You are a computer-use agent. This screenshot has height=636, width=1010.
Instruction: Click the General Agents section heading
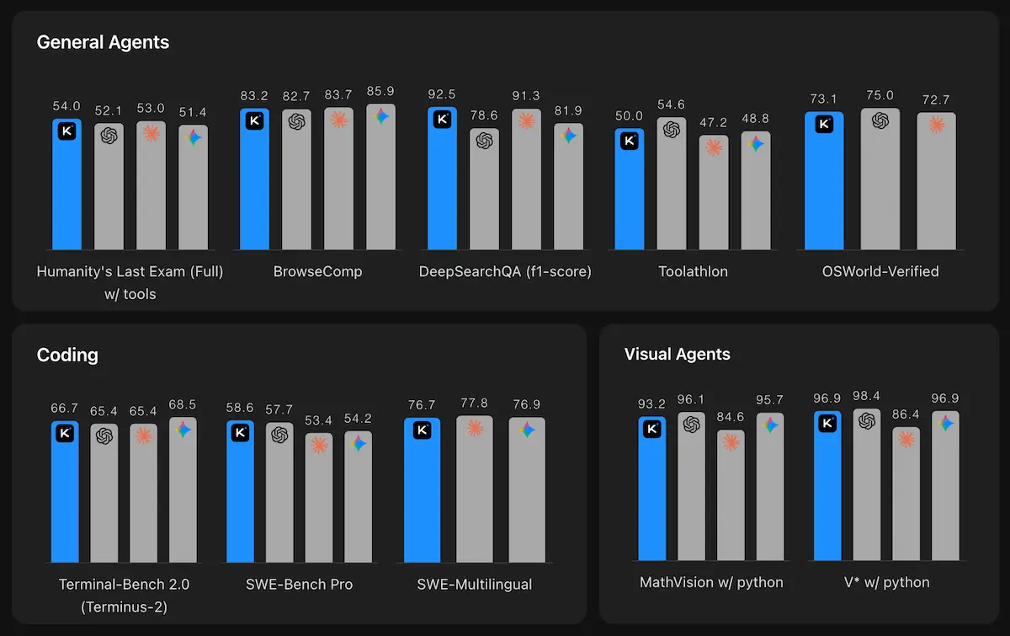point(103,42)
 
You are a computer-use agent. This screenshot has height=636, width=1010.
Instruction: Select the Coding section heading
point(67,355)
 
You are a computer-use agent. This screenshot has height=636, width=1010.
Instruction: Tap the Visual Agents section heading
point(677,355)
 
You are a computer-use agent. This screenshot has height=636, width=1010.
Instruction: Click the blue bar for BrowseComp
point(254,181)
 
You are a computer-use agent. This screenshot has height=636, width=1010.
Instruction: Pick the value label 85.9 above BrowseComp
point(380,91)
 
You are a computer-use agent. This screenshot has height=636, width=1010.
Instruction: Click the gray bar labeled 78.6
point(484,190)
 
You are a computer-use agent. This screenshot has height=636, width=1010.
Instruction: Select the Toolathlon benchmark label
point(693,272)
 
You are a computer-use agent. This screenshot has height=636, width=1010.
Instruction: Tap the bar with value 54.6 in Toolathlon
point(671,185)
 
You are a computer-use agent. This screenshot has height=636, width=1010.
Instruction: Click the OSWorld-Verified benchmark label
point(880,272)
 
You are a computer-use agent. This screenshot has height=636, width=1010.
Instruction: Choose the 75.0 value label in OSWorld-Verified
point(880,95)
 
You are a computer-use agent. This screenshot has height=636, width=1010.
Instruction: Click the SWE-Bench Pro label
point(299,585)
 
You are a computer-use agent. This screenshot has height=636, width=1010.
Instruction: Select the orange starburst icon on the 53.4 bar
point(318,446)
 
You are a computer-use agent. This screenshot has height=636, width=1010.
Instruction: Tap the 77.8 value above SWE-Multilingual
point(475,404)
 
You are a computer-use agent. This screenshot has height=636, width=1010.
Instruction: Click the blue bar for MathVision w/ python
point(651,489)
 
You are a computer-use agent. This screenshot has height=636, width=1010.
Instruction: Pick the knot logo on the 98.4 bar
point(866,421)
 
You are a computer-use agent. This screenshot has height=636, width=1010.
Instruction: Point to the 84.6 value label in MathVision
point(731,417)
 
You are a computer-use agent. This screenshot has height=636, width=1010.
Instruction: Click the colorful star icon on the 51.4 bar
point(193,137)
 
